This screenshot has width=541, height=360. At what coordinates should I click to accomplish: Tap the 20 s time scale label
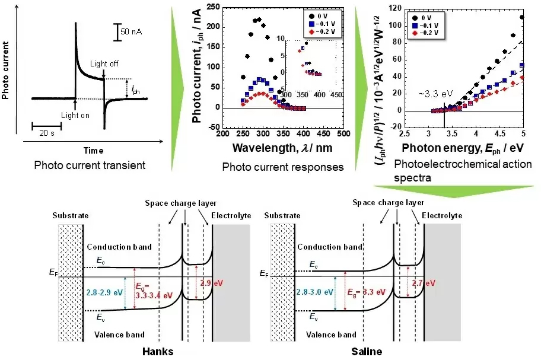44,133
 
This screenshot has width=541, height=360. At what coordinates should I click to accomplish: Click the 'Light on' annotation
75,115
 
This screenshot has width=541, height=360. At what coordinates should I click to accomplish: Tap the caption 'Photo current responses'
282,167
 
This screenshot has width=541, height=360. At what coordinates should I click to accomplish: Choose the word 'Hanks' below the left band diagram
158,352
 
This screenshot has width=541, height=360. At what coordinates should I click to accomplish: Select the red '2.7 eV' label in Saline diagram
424,283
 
